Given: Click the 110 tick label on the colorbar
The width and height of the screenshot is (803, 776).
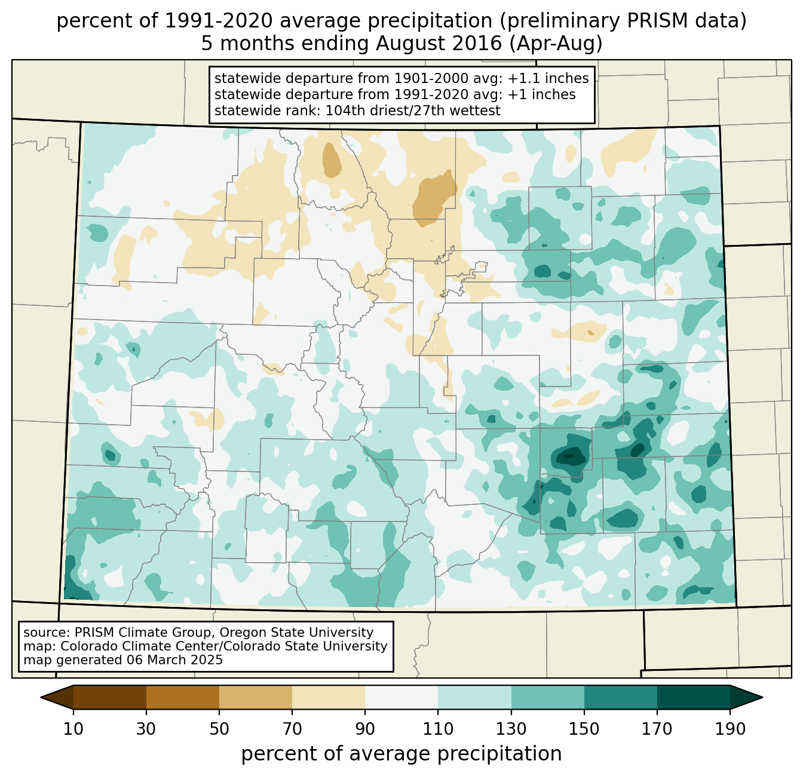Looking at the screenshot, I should coord(438,729).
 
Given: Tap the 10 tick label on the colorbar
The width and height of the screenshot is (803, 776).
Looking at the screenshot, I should coord(73,729).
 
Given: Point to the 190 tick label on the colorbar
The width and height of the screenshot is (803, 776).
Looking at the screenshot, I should coord(730,729).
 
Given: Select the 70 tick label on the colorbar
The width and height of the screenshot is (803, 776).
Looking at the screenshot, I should coord(292,729).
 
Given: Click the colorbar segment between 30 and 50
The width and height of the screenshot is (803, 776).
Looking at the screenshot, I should coord(183,697).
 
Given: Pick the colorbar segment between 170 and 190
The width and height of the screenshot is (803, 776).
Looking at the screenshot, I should coord(693,697).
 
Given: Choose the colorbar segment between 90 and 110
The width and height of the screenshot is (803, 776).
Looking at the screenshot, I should coord(401,697).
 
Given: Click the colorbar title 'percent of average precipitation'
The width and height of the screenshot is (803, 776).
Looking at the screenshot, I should coord(401,754).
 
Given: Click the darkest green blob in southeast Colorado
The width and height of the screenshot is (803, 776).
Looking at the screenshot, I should coord(569,457).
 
